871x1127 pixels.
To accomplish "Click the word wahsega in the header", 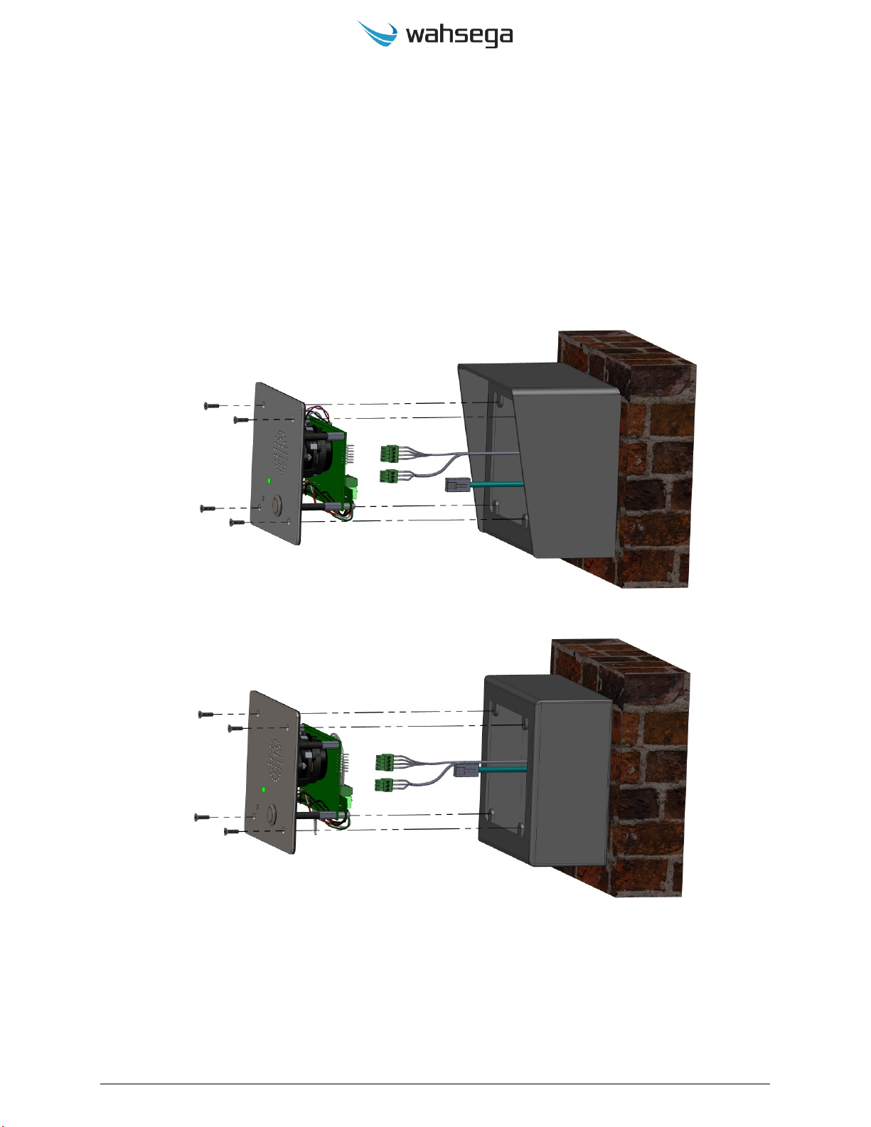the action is [459, 36].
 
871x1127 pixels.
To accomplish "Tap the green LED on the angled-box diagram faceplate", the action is [268, 481].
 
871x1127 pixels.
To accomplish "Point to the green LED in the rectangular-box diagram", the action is [264, 789].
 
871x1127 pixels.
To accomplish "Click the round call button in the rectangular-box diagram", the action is [271, 814].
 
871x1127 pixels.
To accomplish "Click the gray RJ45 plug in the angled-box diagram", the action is [456, 485].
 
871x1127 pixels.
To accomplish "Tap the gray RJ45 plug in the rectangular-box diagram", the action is [464, 769].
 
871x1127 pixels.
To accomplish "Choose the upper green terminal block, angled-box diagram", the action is [389, 453].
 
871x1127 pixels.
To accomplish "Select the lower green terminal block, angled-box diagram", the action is [388, 476].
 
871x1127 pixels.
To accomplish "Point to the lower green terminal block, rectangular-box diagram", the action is [385, 785].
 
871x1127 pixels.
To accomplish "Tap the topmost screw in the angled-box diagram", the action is [211, 405].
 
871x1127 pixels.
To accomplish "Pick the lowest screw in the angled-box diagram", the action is [237, 523].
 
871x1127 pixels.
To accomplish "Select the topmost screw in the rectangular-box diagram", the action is [205, 714].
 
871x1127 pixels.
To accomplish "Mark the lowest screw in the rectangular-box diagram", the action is [232, 830].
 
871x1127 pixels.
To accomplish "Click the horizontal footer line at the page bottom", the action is [435, 1084].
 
